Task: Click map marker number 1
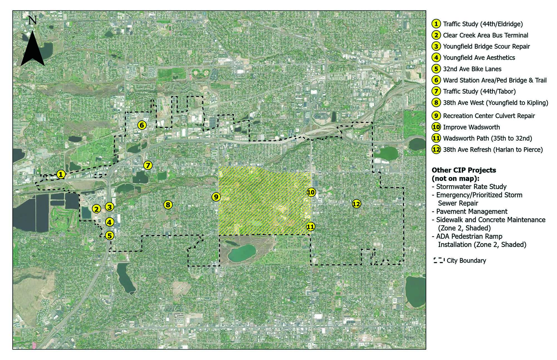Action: click(x=61, y=175)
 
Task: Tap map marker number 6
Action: click(x=142, y=125)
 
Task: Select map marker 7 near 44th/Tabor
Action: click(x=148, y=165)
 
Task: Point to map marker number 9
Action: click(x=216, y=197)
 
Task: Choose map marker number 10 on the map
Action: click(x=311, y=192)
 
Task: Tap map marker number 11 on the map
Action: click(x=311, y=227)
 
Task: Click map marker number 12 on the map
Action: click(x=356, y=204)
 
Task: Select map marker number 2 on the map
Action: click(x=97, y=209)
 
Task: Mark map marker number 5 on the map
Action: click(x=109, y=236)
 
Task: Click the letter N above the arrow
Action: click(x=33, y=20)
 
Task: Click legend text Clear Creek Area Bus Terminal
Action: click(x=485, y=35)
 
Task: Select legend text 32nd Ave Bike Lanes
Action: click(x=472, y=69)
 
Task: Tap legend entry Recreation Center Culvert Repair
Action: click(x=489, y=116)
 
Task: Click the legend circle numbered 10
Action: click(x=436, y=127)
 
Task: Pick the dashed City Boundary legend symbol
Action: click(x=439, y=261)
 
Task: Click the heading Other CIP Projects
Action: click(x=464, y=170)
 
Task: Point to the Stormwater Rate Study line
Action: click(x=471, y=187)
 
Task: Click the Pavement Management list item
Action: click(x=472, y=211)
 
